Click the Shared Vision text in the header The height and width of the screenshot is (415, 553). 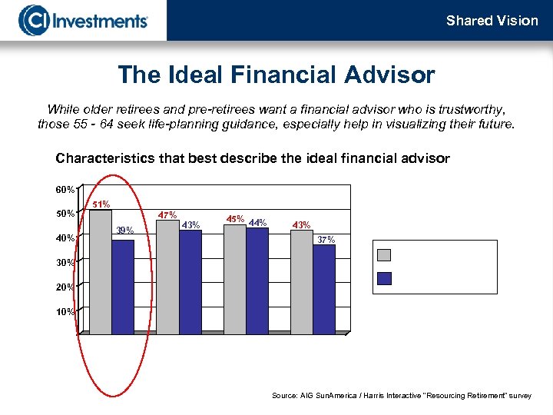pos(492,21)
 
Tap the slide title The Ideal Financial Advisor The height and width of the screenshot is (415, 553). pos(276,75)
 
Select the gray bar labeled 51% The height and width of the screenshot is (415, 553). pos(101,269)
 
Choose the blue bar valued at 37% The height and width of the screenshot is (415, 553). pos(324,288)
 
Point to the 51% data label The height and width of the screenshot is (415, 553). pos(101,204)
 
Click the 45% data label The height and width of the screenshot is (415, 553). pos(235,219)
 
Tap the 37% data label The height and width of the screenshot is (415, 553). pos(326,240)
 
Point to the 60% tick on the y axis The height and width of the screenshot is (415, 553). pos(64,189)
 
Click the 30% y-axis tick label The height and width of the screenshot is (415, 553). pos(64,263)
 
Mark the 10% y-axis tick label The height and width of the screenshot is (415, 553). pos(64,312)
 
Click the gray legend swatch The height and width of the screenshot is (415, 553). pos(386,256)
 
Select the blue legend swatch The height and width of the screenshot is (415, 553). pos(386,278)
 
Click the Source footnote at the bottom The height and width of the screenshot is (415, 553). pos(401,395)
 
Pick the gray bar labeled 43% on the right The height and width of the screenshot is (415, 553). pos(302,281)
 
